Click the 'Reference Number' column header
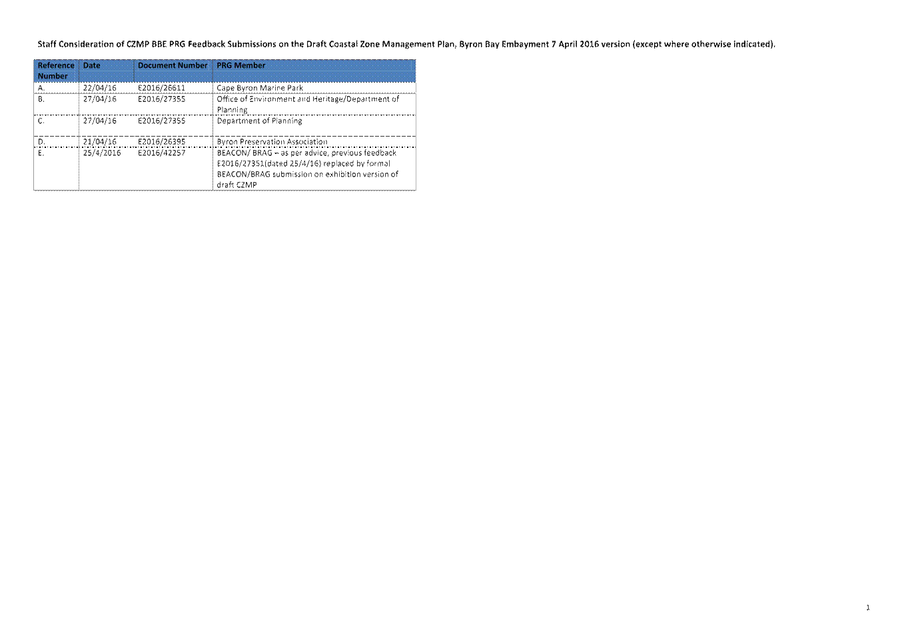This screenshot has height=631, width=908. click(56, 71)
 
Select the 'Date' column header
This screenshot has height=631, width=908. click(92, 65)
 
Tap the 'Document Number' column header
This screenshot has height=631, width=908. click(173, 65)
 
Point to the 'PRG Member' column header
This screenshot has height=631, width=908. click(240, 65)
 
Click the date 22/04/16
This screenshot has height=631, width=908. click(100, 88)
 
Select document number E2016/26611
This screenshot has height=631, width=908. click(161, 88)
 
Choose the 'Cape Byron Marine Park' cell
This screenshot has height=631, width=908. click(260, 88)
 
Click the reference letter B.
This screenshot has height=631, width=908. click(41, 99)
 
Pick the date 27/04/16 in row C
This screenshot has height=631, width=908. click(100, 121)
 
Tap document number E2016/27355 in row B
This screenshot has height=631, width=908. click(161, 99)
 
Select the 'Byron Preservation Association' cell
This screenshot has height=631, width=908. click(272, 142)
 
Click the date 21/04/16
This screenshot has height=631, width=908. click(100, 142)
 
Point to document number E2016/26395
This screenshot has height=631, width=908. click(161, 142)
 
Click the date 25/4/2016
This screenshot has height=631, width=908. click(102, 153)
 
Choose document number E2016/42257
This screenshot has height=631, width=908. click(161, 153)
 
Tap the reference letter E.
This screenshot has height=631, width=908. click(41, 153)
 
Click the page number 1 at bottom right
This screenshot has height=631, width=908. click(868, 608)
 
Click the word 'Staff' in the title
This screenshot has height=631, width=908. click(47, 44)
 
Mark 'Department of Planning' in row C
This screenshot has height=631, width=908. click(259, 121)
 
